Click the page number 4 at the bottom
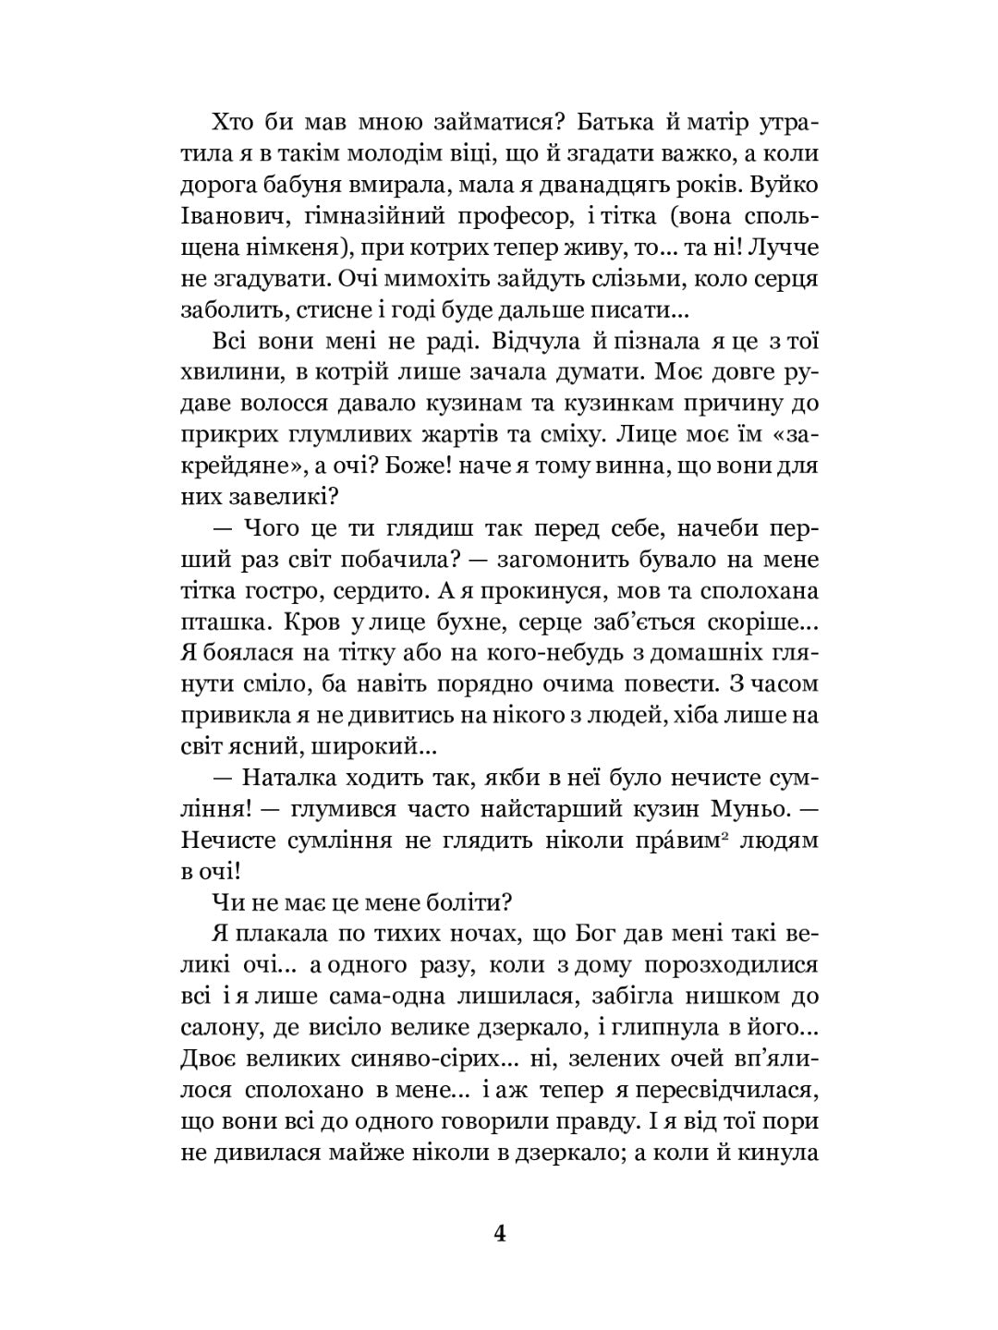(x=500, y=1235)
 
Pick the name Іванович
(x=233, y=215)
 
